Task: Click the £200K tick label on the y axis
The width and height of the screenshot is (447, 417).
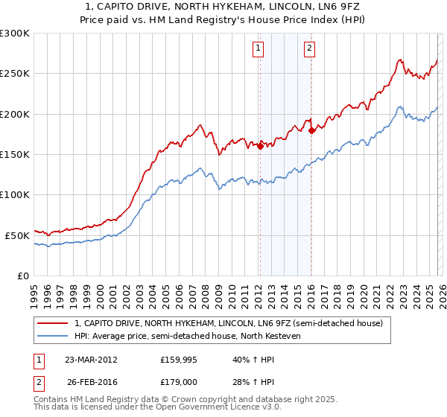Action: click(x=15, y=114)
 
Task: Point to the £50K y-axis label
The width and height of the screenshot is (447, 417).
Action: click(x=17, y=235)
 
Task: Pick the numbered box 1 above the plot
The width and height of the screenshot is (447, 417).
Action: click(x=258, y=49)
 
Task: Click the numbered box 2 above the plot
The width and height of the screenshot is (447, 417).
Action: click(x=308, y=49)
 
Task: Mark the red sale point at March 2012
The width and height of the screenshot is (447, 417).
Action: click(x=260, y=147)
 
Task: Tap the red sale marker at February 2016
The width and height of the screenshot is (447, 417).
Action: click(x=311, y=131)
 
